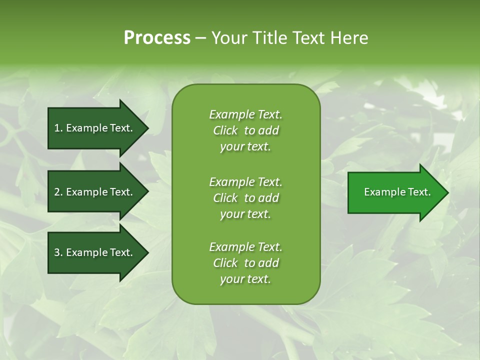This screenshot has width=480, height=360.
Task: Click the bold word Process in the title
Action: (x=157, y=37)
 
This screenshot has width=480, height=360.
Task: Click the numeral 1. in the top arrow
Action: (x=58, y=128)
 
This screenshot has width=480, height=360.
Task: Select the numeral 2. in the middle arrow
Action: (x=58, y=192)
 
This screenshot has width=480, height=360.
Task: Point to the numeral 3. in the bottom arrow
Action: (x=58, y=252)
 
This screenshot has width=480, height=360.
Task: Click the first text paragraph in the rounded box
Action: (x=245, y=130)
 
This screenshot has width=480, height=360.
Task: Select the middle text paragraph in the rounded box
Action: (x=245, y=197)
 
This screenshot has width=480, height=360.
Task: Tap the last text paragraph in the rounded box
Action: (x=245, y=263)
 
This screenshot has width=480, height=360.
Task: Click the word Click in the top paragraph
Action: (x=225, y=130)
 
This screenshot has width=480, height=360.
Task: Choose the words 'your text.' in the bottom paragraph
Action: (x=245, y=279)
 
